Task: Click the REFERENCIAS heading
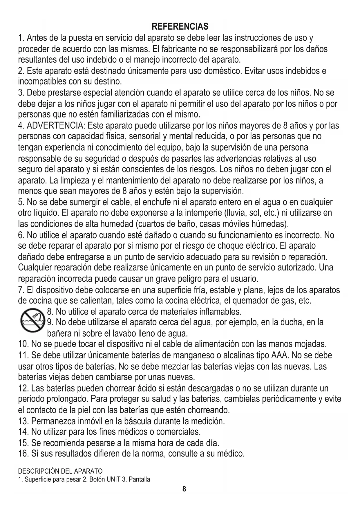(x=180, y=26)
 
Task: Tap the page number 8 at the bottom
(x=184, y=489)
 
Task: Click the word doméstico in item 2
(x=222, y=71)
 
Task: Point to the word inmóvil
(x=95, y=421)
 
